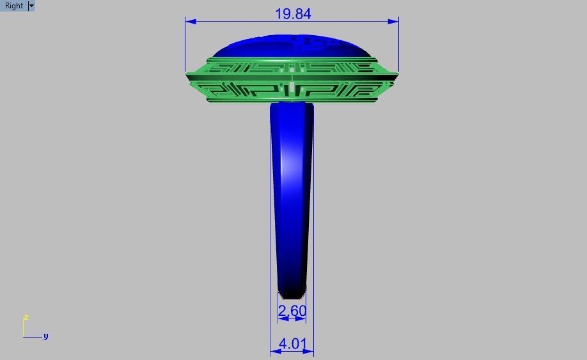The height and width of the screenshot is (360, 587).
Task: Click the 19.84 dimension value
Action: click(293, 13)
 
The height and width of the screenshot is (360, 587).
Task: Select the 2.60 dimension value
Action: click(292, 311)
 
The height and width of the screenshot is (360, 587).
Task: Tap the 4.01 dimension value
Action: click(292, 343)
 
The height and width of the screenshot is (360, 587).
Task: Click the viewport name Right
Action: click(14, 6)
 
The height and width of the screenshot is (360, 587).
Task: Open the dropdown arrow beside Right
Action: click(31, 6)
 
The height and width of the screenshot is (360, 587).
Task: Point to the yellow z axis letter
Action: click(26, 317)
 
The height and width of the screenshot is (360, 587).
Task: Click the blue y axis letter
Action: click(45, 336)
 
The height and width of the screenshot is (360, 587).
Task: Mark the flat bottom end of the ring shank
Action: click(292, 297)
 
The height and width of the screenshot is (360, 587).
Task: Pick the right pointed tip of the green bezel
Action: click(397, 76)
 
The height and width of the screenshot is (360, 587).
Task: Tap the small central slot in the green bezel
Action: click(292, 87)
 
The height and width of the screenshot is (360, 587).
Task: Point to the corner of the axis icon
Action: click(24, 336)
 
